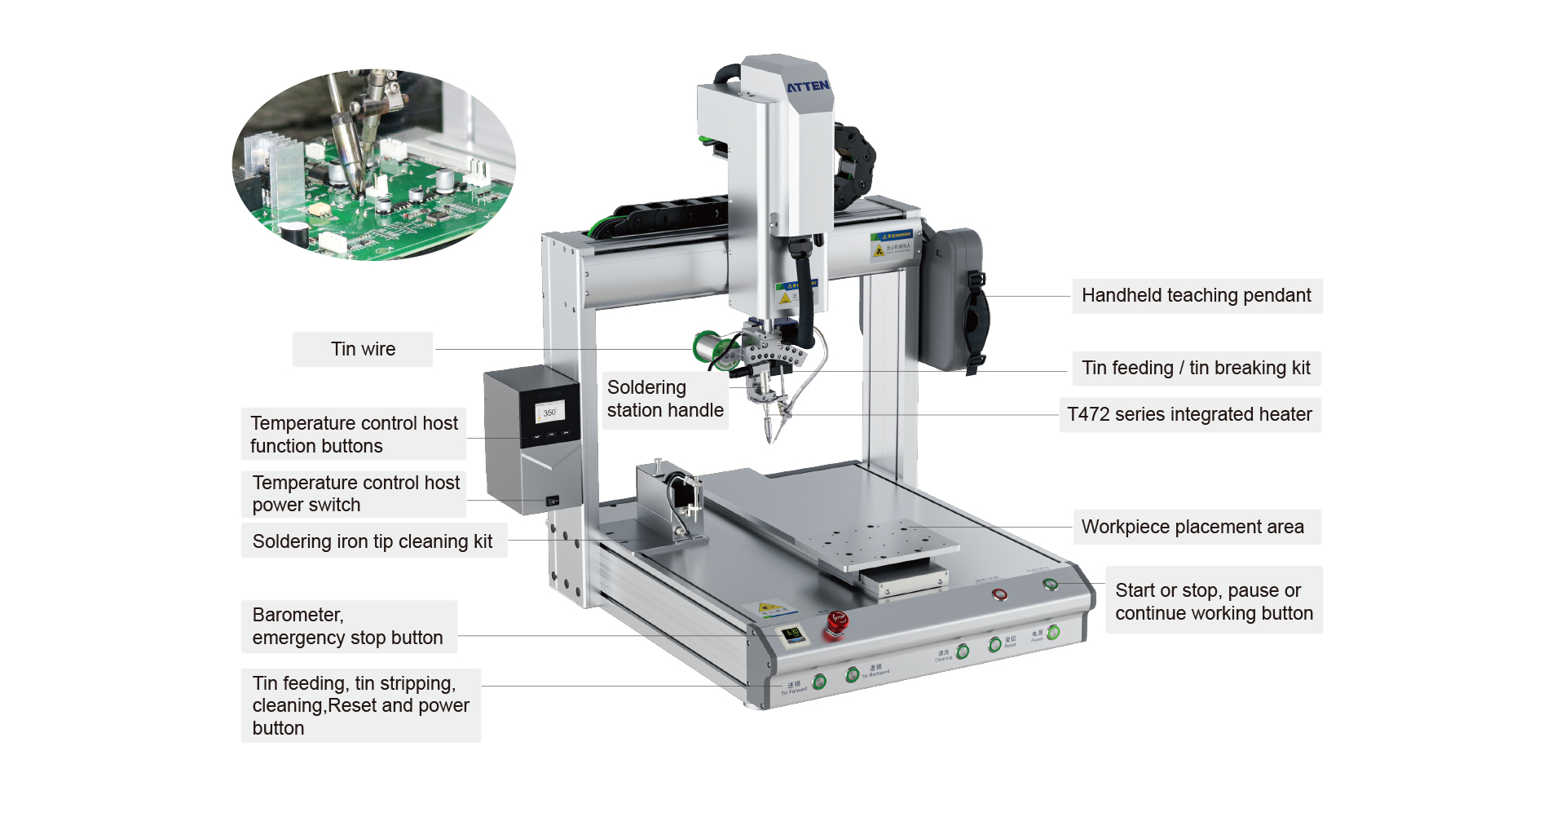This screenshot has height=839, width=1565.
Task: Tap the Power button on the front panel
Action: (x=1053, y=632)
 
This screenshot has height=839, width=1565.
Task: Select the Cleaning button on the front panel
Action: (x=963, y=651)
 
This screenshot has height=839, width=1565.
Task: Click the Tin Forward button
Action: (x=820, y=682)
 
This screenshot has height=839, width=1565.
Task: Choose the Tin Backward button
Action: (x=853, y=674)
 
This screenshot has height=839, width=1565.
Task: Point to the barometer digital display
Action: (x=791, y=634)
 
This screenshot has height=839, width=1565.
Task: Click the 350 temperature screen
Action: (x=549, y=413)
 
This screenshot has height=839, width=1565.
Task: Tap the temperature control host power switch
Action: (x=552, y=501)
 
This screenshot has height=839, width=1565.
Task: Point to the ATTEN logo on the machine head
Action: (x=807, y=86)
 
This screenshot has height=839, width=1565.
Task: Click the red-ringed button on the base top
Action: (x=999, y=594)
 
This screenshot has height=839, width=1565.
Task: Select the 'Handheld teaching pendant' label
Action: (x=1196, y=295)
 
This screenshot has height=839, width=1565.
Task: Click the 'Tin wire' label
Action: (x=363, y=349)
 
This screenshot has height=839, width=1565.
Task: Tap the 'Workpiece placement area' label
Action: (x=1192, y=527)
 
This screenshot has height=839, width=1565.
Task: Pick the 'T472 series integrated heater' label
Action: (x=1189, y=414)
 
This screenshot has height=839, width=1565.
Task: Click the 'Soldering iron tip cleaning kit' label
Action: (x=373, y=541)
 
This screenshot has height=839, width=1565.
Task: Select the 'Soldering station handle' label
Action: (x=665, y=399)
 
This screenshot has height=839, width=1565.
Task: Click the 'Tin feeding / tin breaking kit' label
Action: (x=1196, y=368)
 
